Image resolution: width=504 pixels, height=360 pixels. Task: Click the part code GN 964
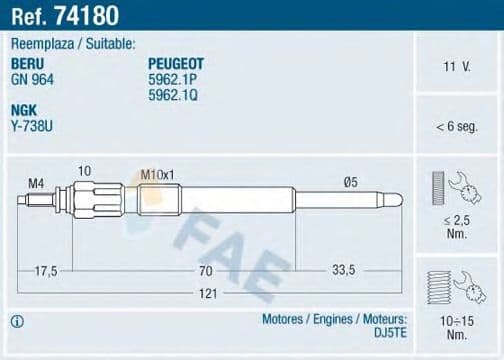coord(32,76)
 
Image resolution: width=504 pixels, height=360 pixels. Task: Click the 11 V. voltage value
coord(456,67)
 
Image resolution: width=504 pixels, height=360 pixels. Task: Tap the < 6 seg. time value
coord(456,127)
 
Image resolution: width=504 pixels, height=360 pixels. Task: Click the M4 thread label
coord(36,182)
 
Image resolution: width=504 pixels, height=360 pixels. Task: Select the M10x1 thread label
coord(157,175)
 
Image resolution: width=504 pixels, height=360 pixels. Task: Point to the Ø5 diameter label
coord(351,181)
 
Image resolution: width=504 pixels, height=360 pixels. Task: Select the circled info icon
coord(15,322)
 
